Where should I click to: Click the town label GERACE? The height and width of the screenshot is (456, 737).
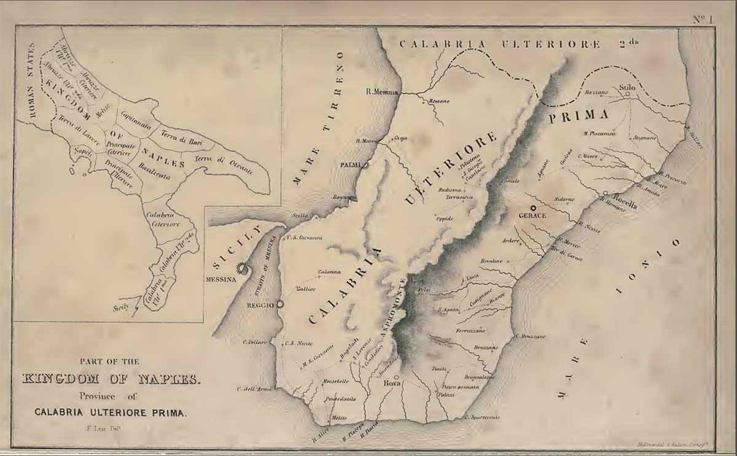[532, 217]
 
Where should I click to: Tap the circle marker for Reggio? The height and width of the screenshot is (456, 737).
[281, 304]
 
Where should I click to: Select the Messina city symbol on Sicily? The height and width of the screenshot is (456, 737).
[244, 269]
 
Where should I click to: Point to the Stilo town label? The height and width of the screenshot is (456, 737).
[627, 87]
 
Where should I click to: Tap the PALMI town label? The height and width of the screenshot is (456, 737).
[350, 165]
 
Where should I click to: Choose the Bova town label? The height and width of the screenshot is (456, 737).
[391, 384]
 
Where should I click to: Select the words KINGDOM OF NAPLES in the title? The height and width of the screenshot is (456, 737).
[111, 379]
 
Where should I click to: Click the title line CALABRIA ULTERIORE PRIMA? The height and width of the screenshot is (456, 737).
[110, 412]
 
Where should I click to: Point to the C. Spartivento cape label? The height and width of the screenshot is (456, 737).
[482, 417]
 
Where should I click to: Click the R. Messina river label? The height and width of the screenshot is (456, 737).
[383, 92]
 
